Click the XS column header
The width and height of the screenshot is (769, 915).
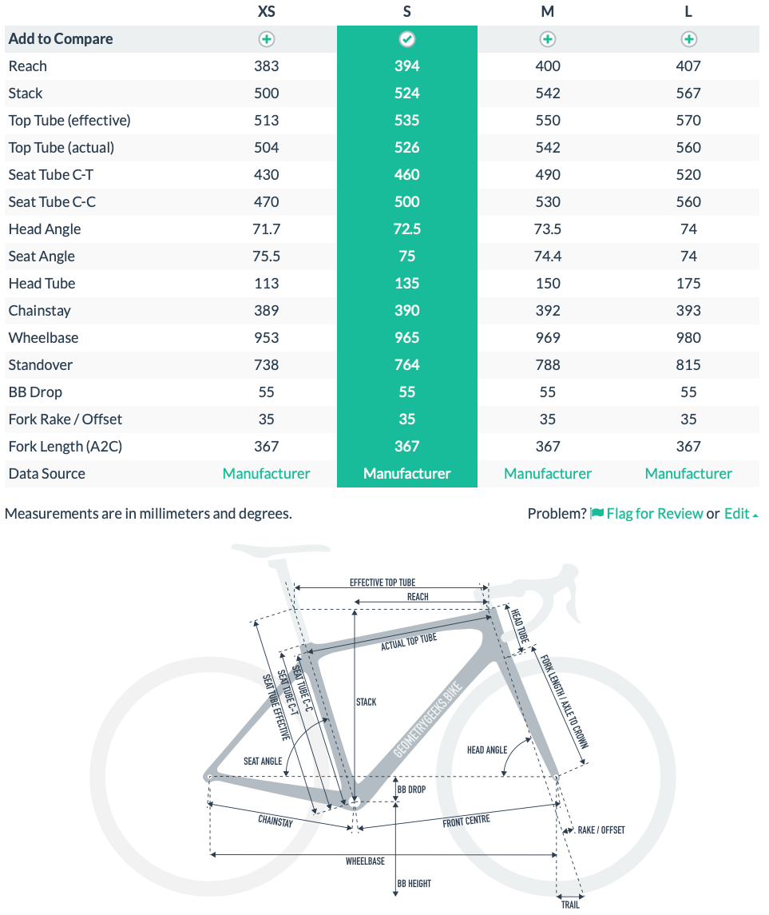pyautogui.click(x=266, y=12)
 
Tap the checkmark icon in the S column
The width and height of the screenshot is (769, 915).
pyautogui.click(x=407, y=39)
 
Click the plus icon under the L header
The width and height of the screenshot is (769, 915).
pyautogui.click(x=688, y=39)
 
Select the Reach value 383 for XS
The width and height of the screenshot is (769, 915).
pyautogui.click(x=266, y=66)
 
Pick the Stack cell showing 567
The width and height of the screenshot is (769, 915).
pyautogui.click(x=688, y=93)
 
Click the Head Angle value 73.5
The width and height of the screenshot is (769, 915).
pyautogui.click(x=548, y=229)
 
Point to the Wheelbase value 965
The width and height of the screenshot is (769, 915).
pyautogui.click(x=407, y=338)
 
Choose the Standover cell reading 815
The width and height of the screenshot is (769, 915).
pyautogui.click(x=688, y=365)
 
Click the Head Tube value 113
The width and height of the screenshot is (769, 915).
pyautogui.click(x=266, y=284)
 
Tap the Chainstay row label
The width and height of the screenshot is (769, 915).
pyautogui.click(x=39, y=311)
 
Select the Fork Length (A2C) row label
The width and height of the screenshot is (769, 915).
pyautogui.click(x=65, y=447)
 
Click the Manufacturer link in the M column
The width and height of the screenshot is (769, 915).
pyautogui.click(x=548, y=474)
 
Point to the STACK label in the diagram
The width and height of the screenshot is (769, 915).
pyautogui.click(x=366, y=702)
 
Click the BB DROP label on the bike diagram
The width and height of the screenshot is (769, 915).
pyautogui.click(x=411, y=790)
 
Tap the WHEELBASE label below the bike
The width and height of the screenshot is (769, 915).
pyautogui.click(x=365, y=861)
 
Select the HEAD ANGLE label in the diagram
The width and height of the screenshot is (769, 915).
pyautogui.click(x=487, y=750)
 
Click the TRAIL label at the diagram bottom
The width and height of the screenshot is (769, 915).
pyautogui.click(x=569, y=905)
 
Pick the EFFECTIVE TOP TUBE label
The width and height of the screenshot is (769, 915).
pyautogui.click(x=383, y=583)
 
